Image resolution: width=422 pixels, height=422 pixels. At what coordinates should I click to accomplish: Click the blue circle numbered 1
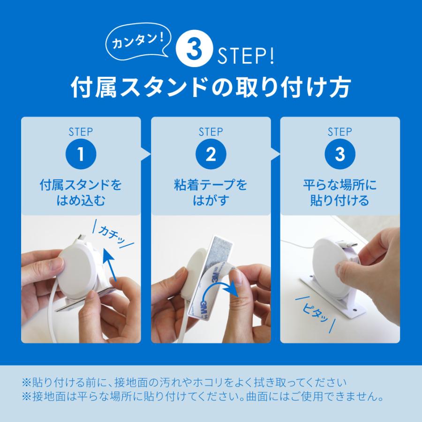tap(81, 154)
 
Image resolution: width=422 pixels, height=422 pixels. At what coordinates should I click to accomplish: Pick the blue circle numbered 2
tap(211, 154)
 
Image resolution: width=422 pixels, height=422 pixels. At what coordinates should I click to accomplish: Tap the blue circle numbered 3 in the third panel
tap(340, 154)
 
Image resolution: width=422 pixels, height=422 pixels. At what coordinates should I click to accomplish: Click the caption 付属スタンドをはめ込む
tap(81, 193)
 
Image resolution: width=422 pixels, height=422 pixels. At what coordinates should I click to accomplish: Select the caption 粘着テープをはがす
tap(211, 193)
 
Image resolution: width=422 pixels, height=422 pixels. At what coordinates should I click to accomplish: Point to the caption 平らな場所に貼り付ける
tap(340, 193)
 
